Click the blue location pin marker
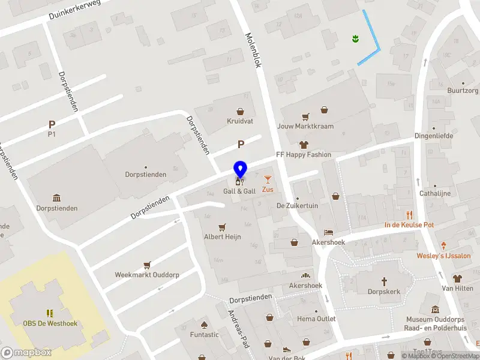click(240, 170)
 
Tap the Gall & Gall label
click(239, 191)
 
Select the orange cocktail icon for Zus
click(268, 179)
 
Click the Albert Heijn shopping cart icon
click(222, 227)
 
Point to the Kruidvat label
click(241, 121)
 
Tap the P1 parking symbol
click(52, 124)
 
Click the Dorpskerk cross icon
click(385, 281)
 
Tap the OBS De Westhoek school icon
click(50, 313)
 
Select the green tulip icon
click(355, 39)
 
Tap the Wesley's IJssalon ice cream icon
click(444, 245)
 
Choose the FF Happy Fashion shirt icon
click(303, 145)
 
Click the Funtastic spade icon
click(204, 325)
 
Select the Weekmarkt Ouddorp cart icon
click(147, 265)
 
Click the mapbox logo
click(26, 353)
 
